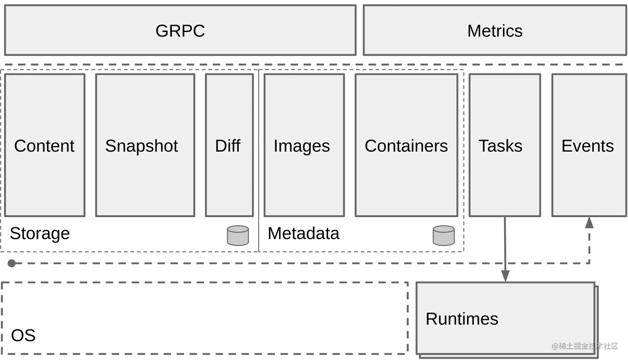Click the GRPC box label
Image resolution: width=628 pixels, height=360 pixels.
[x=180, y=31]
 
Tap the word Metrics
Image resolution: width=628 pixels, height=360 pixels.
[x=495, y=31]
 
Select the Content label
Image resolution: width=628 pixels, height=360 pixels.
[x=44, y=146]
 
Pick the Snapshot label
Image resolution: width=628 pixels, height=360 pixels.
[x=142, y=146]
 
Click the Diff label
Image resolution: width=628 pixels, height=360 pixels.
[x=228, y=146]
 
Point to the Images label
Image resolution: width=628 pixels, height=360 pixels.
[x=302, y=146]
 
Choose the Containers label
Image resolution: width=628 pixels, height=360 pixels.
[x=406, y=146]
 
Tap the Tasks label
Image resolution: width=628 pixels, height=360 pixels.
[x=500, y=146]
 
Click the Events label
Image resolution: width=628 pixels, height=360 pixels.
[x=588, y=146]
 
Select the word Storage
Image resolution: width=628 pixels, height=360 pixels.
[x=40, y=233]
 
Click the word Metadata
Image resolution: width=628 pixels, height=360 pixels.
[x=304, y=233]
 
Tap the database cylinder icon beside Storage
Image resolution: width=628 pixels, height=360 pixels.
[x=238, y=235]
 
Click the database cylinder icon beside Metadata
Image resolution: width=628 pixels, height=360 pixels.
[x=444, y=235]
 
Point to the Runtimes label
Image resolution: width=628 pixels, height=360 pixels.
[x=462, y=319]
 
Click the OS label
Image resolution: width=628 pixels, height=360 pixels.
[x=23, y=336]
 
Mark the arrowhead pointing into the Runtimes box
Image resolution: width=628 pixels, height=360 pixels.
[x=505, y=276]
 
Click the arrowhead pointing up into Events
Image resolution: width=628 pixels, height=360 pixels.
[x=589, y=223]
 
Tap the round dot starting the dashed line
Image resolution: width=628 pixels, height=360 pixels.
[x=12, y=263]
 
